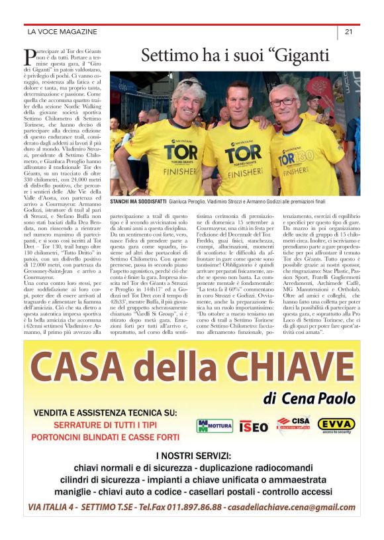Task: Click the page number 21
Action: (x=348, y=31)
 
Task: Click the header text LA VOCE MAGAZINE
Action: (x=62, y=31)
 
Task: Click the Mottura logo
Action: (x=215, y=425)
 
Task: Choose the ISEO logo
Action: (x=253, y=425)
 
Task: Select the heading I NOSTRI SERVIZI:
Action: (x=193, y=456)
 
